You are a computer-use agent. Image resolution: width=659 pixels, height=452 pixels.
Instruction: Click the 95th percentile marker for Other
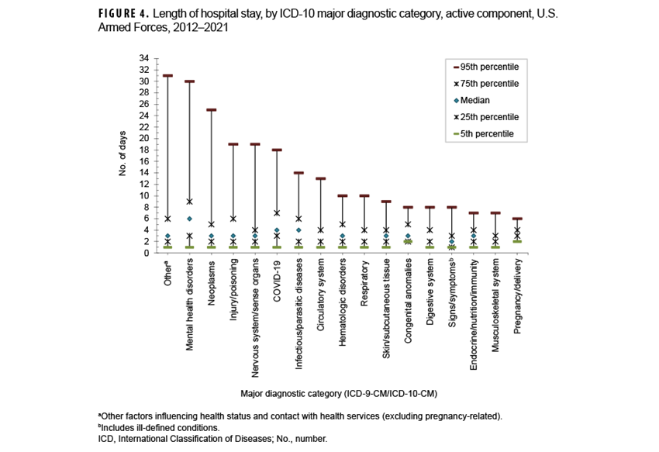[167, 76]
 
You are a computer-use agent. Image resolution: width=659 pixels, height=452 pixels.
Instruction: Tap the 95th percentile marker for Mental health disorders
[189, 81]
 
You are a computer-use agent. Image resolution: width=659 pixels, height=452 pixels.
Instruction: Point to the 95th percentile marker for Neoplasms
[211, 110]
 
